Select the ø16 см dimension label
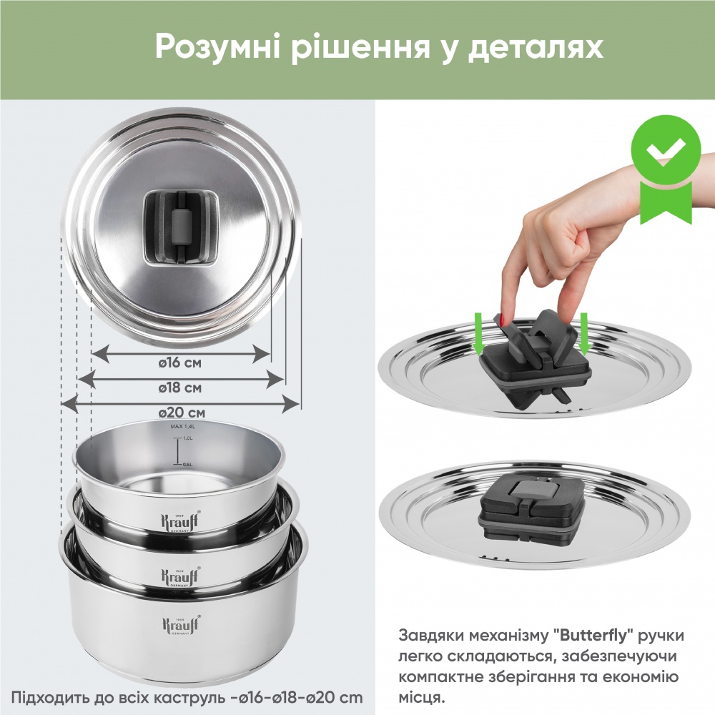tap(180, 363)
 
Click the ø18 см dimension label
tap(180, 388)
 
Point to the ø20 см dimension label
tap(182, 413)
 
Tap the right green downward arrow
tap(583, 330)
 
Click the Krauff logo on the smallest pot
tap(179, 518)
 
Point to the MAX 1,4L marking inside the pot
tap(182, 427)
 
